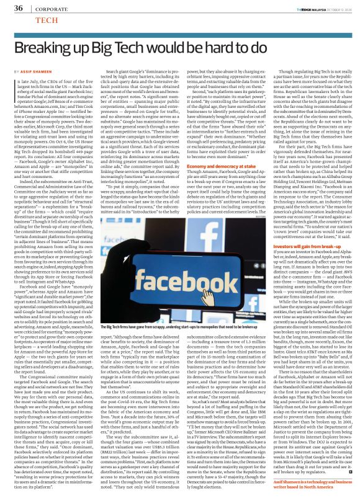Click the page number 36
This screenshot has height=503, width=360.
coord(19,8)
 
